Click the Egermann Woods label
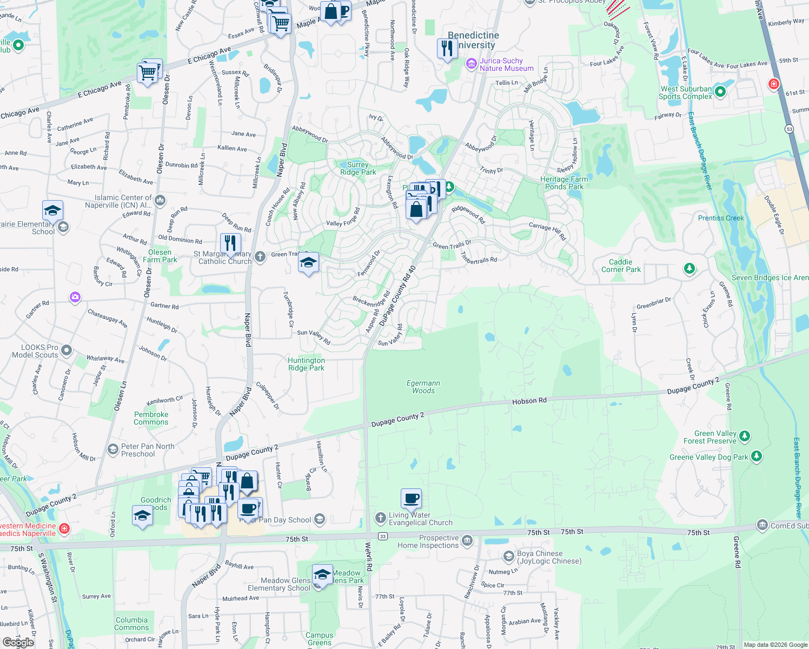(423, 387)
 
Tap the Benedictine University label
(473, 40)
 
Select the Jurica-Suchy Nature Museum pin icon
(471, 64)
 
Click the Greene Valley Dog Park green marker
(757, 457)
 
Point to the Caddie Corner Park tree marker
(689, 268)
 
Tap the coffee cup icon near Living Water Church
(411, 499)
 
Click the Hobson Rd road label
(529, 401)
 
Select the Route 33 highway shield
(383, 536)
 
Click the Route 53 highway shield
(790, 129)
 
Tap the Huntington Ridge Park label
(306, 364)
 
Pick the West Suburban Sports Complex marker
(720, 92)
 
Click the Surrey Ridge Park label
(358, 168)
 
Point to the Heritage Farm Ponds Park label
(564, 183)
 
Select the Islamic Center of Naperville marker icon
(160, 201)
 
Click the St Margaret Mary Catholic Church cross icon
(260, 256)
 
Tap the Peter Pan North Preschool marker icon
(113, 449)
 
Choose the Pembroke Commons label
(151, 418)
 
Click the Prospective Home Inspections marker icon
(467, 540)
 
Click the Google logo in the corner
(18, 642)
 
